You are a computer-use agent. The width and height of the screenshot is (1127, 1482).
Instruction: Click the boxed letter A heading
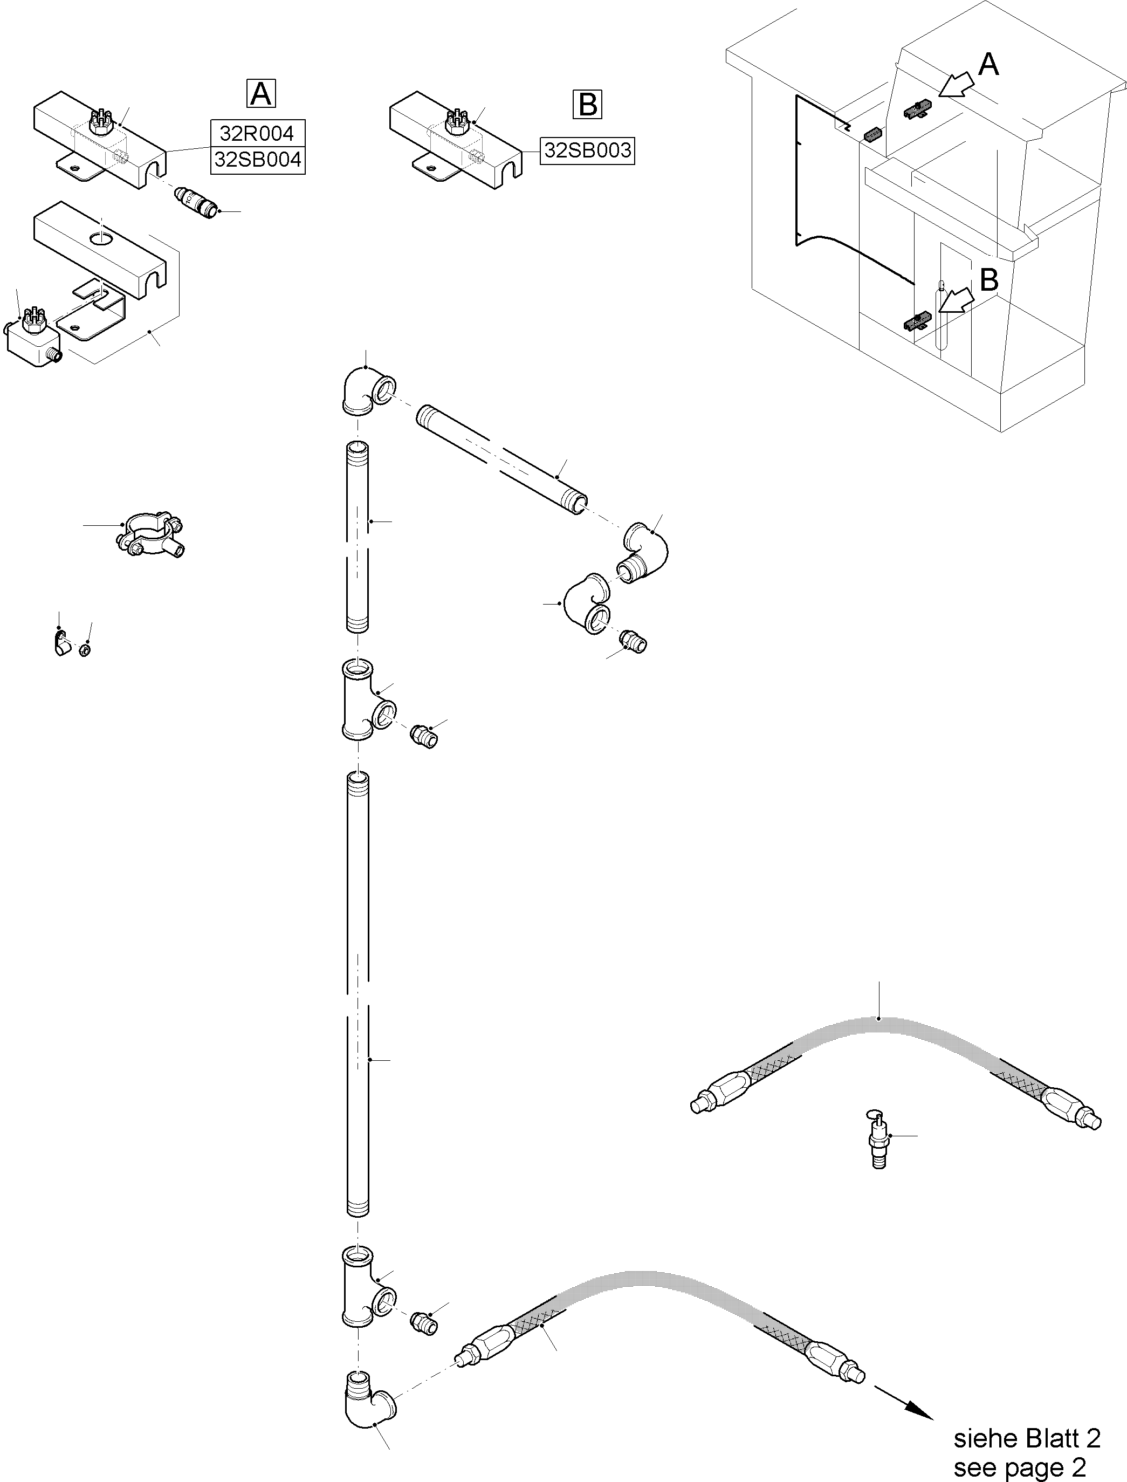261,93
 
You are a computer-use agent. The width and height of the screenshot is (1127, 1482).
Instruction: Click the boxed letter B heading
588,105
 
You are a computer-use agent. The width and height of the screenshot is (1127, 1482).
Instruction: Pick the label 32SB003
587,150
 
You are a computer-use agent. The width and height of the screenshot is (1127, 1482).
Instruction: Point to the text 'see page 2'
1019,1467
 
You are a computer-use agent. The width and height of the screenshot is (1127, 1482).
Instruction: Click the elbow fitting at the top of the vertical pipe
366,393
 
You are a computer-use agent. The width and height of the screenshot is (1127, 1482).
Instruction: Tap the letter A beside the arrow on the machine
987,65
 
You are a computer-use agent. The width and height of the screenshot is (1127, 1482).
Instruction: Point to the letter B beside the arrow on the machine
989,280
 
